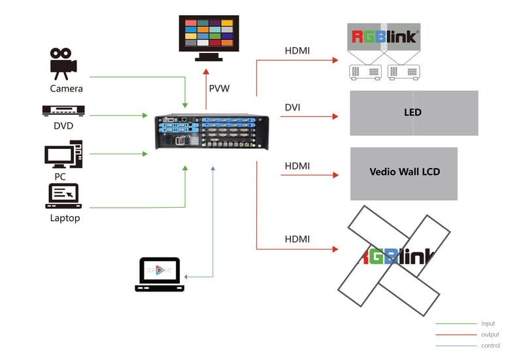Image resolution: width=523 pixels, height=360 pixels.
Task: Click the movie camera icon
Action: click(63, 64)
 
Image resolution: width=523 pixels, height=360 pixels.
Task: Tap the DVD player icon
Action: click(63, 110)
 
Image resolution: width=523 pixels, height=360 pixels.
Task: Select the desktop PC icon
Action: click(63, 154)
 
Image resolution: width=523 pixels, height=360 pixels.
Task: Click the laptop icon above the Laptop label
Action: click(63, 196)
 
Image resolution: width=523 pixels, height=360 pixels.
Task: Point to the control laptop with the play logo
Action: click(160, 274)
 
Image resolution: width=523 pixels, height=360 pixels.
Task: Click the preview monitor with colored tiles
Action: click(209, 38)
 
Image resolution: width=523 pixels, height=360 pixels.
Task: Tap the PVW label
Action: click(219, 88)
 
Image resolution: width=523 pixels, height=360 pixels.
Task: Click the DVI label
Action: click(292, 107)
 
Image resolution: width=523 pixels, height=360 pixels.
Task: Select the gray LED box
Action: click(414, 113)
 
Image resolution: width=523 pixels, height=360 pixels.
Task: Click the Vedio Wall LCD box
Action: click(403, 174)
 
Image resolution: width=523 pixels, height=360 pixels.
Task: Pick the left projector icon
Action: click(365, 73)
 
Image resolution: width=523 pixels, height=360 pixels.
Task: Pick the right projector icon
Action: click(403, 73)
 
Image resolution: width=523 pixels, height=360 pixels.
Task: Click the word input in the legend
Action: click(488, 323)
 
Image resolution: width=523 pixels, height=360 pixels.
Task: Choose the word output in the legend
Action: click(490, 335)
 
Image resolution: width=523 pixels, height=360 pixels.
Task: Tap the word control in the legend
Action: click(491, 346)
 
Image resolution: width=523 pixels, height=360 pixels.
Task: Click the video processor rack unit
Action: click(212, 132)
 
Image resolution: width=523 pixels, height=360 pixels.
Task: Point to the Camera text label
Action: click(67, 89)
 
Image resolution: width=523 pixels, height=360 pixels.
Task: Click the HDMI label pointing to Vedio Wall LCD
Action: click(297, 166)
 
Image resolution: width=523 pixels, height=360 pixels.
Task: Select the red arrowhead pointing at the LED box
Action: click(335, 116)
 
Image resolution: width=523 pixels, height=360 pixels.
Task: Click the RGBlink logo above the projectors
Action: click(384, 37)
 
